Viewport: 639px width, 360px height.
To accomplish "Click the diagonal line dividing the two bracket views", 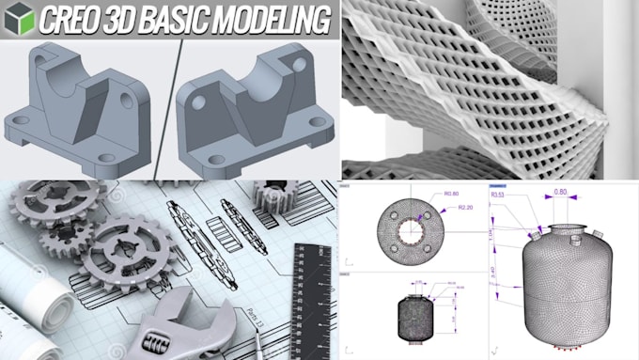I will coord(170,103).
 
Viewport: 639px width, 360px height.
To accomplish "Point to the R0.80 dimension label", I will coord(450,194).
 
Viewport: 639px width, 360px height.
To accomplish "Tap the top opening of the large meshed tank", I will coord(561,228).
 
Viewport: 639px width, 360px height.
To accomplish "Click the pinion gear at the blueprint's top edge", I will coord(273,197).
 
